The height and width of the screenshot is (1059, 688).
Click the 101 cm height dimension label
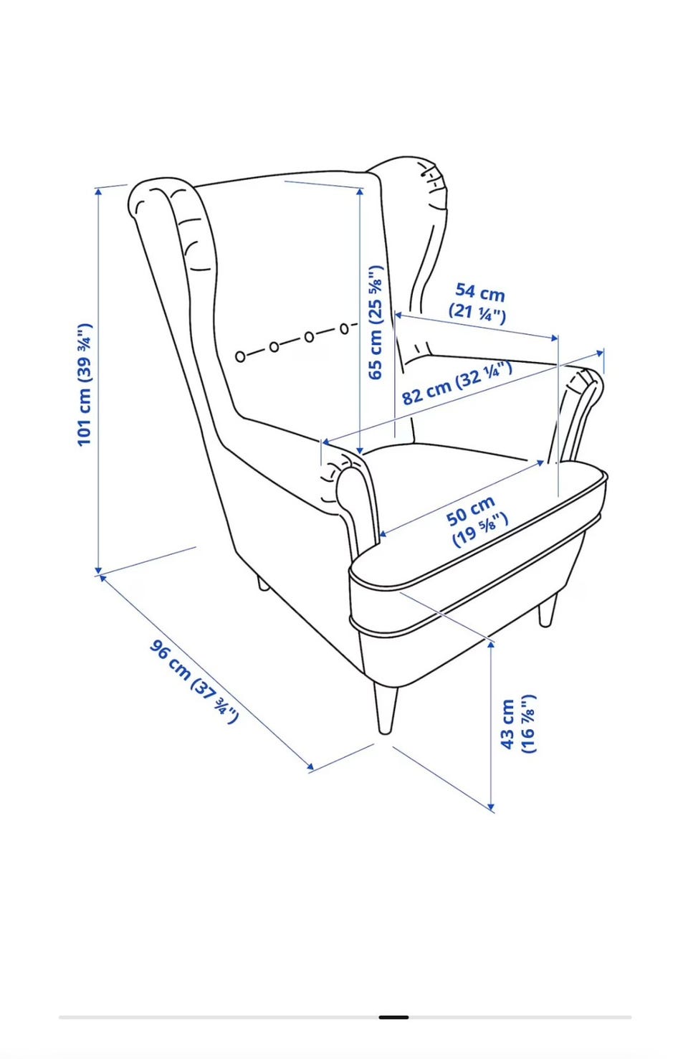click(84, 384)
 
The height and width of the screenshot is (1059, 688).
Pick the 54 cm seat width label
click(478, 303)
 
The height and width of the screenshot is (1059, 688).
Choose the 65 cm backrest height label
click(376, 323)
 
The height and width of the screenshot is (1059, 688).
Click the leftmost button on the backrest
click(240, 357)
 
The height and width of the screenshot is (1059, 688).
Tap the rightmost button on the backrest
click(345, 328)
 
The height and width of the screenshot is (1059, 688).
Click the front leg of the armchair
click(385, 708)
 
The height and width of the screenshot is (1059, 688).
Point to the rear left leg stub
click(263, 584)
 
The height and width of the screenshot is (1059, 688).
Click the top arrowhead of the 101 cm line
click(98, 191)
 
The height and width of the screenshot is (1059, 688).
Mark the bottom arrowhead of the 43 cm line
click(491, 806)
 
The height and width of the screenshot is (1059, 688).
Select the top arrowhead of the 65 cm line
click(360, 191)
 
